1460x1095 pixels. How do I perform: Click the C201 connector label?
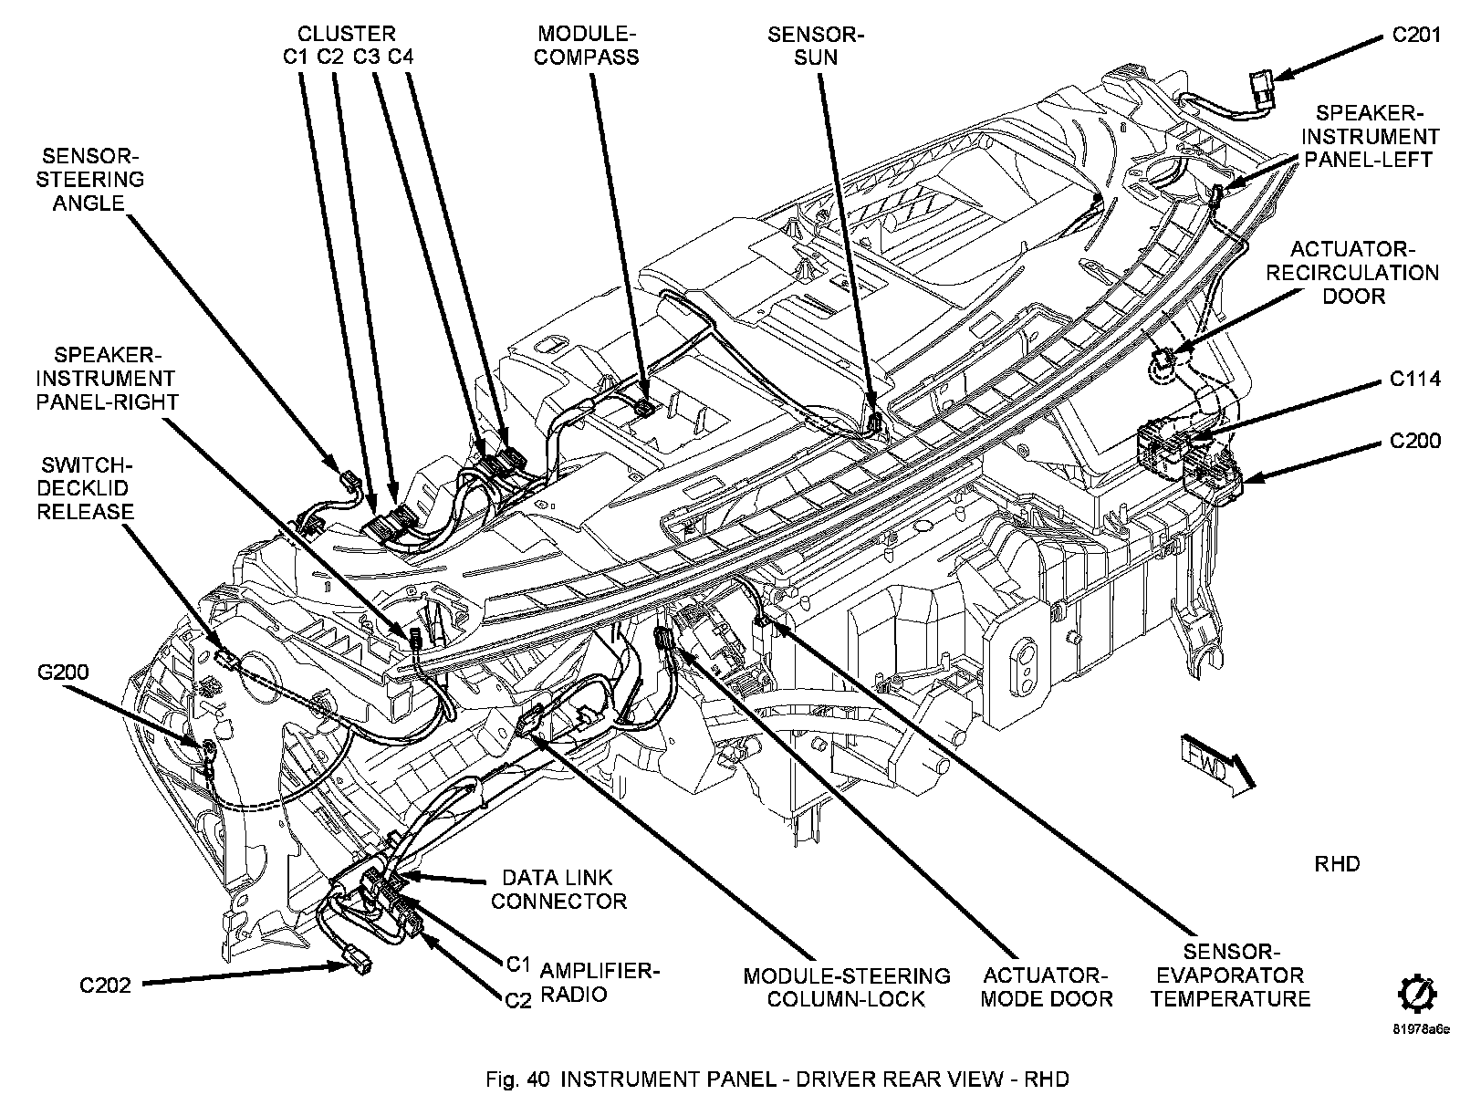coord(1416,36)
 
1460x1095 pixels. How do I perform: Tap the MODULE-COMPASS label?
coord(587,46)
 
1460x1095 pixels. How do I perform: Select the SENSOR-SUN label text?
coord(815,46)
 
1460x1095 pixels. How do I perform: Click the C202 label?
coord(105,985)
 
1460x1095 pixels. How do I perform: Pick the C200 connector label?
coord(1415,442)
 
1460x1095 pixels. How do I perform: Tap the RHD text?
coord(1337,863)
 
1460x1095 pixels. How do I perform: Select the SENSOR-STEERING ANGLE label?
coord(89,180)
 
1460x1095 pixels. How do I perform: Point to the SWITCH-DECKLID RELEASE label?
coord(86,488)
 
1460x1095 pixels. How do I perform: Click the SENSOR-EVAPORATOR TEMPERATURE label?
coord(1230,975)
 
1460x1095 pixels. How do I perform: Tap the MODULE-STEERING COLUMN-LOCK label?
coord(846,987)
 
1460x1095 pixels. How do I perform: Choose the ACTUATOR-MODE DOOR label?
coord(1046,987)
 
